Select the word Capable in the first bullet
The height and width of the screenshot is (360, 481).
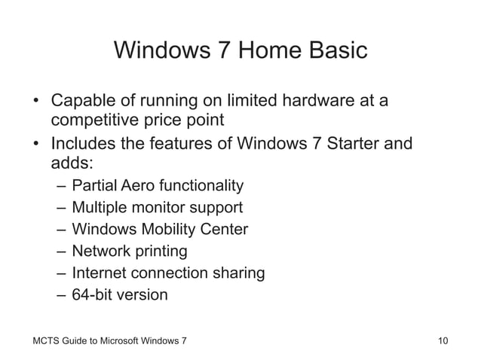pos(82,100)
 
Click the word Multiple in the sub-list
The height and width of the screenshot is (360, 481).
pos(100,207)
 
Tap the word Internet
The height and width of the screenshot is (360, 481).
pos(100,273)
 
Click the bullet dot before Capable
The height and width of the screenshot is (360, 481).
pos(35,101)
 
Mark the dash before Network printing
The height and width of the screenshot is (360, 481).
pos(60,251)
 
